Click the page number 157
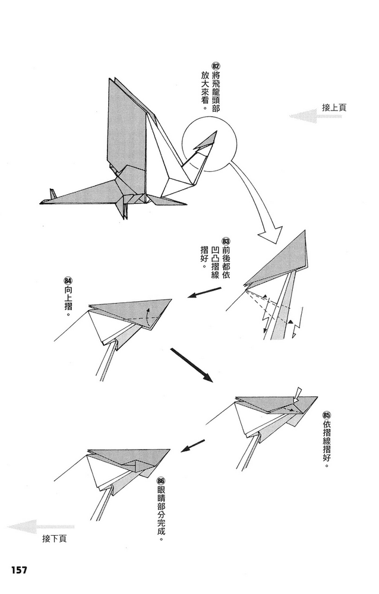(18, 570)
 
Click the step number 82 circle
(216, 65)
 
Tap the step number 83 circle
(225, 241)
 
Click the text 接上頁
(334, 108)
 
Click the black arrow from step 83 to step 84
(204, 293)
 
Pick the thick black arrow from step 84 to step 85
(191, 364)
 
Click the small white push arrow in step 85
(298, 393)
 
